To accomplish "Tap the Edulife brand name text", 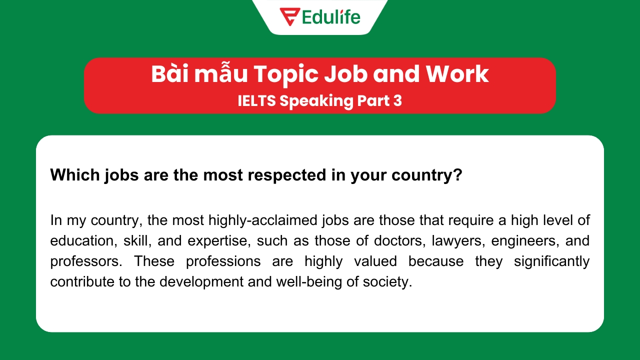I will [x=331, y=16].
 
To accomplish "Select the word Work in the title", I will [x=457, y=74].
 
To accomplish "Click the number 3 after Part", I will [x=397, y=100].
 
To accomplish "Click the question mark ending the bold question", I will [x=457, y=175].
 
